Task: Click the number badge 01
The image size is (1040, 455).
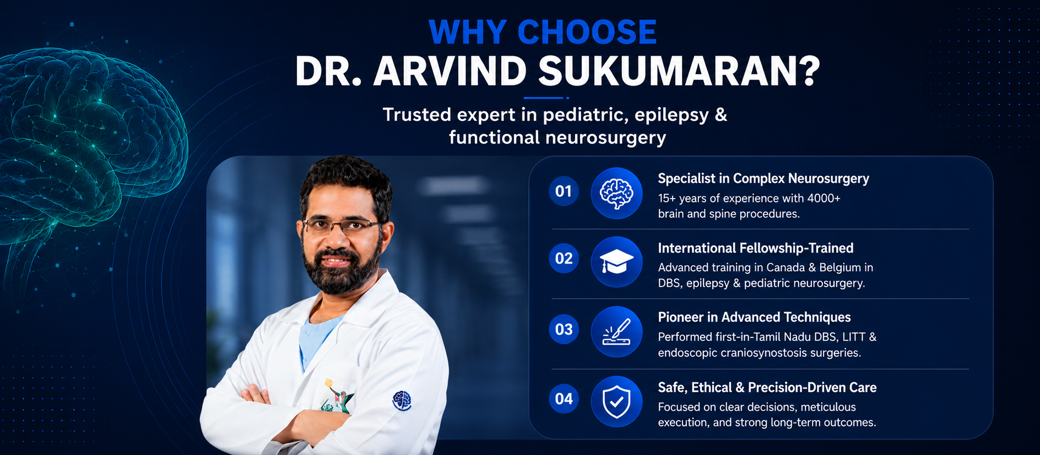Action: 564,191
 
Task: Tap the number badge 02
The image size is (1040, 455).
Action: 564,258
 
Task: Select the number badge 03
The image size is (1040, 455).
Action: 564,329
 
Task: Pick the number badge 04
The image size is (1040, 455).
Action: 564,399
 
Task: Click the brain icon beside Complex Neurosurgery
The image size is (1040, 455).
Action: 617,193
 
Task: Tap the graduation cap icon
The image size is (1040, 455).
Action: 617,262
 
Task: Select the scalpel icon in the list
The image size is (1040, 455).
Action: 617,332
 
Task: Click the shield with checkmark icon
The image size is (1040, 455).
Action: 617,401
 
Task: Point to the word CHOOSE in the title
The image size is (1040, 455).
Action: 587,32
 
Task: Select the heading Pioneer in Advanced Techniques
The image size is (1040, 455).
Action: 754,317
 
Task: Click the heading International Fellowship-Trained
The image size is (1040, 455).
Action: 755,248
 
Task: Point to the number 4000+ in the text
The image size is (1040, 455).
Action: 823,198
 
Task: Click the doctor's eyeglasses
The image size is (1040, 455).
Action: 341,226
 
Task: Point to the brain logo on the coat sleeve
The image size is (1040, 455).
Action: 402,401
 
